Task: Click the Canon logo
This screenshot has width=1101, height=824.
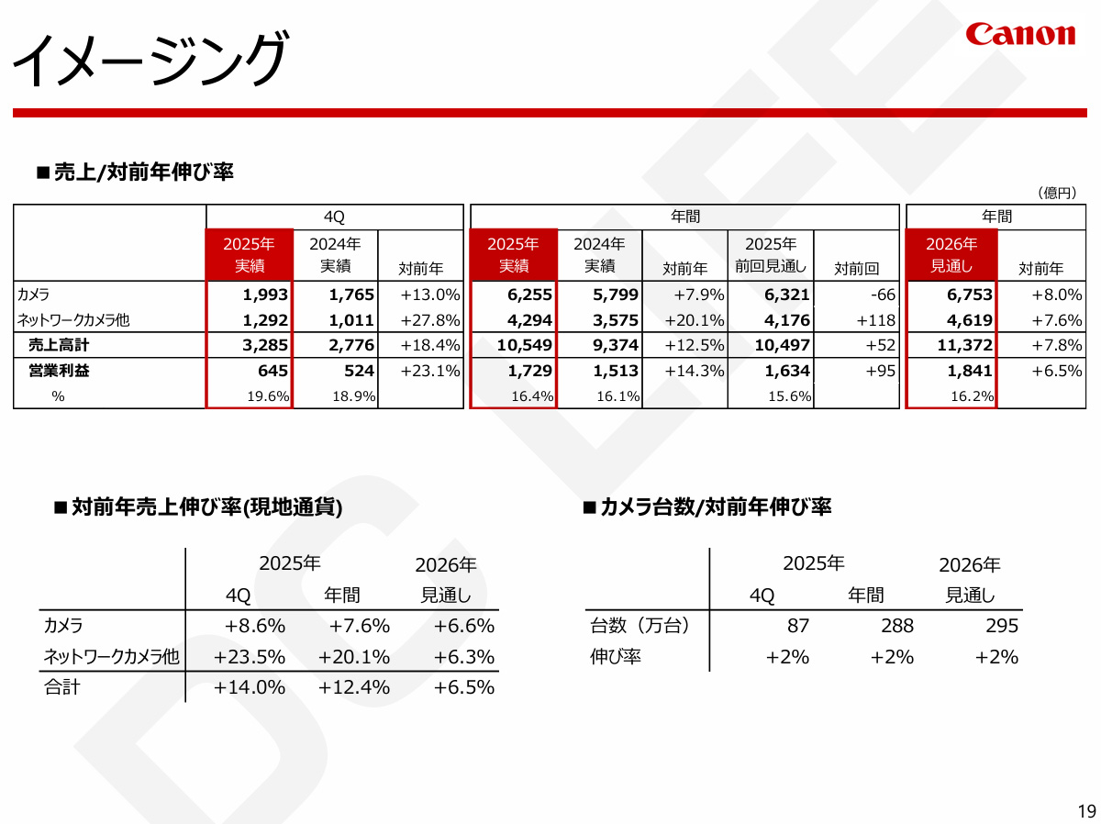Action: click(1019, 35)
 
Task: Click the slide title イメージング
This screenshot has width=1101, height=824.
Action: click(150, 60)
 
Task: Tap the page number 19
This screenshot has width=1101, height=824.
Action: click(1086, 810)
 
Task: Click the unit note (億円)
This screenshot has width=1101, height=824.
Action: click(1056, 193)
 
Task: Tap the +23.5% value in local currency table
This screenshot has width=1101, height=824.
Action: click(250, 657)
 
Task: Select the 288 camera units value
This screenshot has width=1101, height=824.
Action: click(896, 626)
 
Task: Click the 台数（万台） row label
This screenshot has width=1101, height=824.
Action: click(639, 626)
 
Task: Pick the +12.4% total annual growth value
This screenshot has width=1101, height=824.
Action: click(354, 687)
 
